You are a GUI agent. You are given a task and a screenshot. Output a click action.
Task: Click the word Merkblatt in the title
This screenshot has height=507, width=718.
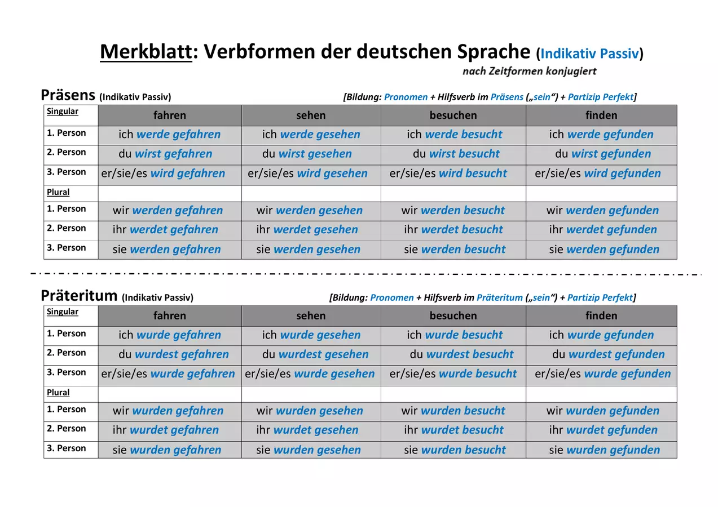[x=146, y=51]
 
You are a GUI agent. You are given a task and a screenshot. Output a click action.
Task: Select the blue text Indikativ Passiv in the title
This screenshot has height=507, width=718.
[x=589, y=54]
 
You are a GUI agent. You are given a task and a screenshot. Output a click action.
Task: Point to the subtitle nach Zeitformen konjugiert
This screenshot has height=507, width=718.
[x=529, y=71]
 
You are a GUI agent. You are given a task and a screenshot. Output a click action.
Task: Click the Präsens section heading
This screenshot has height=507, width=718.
[x=68, y=95]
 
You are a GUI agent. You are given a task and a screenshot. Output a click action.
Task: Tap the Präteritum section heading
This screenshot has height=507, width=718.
[x=79, y=295]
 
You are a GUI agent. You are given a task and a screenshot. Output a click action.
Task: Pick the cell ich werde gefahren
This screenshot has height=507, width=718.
[x=170, y=134]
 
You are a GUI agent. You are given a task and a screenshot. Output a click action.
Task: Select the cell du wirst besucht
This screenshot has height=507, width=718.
[x=456, y=154]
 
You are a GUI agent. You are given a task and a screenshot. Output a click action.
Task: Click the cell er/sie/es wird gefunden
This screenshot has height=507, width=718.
[x=597, y=173]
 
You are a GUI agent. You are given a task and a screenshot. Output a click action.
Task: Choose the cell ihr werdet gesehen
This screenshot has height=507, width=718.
[x=307, y=229]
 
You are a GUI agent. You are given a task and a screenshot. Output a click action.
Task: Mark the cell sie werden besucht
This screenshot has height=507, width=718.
[x=455, y=249]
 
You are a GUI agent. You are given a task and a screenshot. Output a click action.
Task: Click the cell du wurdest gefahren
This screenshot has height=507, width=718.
[x=174, y=354]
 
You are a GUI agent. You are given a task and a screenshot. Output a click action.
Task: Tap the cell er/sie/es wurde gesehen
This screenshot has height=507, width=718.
[x=310, y=373]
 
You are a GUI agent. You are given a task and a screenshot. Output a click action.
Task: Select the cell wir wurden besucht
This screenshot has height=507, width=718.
[x=453, y=410]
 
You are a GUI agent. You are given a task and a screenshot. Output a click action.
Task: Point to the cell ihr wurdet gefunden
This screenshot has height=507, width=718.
[x=603, y=429]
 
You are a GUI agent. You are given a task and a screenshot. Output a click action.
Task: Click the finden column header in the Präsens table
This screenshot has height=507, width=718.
[x=601, y=115]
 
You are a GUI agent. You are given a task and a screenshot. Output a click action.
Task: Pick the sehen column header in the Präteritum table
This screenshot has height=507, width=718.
[x=311, y=315]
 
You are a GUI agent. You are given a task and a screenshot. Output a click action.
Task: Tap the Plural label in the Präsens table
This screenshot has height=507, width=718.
[x=58, y=192]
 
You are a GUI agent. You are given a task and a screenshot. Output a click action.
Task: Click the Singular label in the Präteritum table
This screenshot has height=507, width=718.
[x=63, y=312]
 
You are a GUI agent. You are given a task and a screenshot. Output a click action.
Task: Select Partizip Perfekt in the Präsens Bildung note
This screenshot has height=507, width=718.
[x=601, y=97]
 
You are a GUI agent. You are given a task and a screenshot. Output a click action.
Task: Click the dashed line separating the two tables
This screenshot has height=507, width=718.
[x=366, y=274]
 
